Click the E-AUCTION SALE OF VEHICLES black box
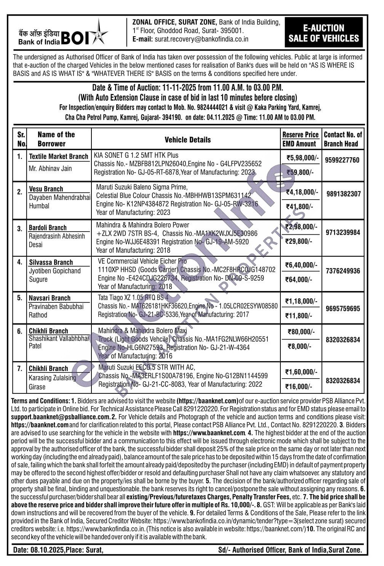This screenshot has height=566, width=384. (323, 33)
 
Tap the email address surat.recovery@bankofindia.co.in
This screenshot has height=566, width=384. (201, 39)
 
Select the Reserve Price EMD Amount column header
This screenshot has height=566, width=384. (300, 139)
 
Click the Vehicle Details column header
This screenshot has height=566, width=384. (187, 139)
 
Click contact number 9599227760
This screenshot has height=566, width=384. (342, 160)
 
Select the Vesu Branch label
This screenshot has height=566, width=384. (46, 189)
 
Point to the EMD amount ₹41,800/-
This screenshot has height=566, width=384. (299, 207)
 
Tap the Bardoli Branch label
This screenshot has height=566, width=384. (48, 228)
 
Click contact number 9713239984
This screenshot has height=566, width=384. (342, 232)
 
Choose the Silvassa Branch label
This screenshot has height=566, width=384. (51, 262)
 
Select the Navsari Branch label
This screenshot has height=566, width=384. (50, 298)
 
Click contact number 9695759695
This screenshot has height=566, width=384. (342, 309)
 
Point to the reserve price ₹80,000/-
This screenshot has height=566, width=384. (301, 332)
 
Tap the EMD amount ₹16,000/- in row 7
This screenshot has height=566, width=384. (299, 387)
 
